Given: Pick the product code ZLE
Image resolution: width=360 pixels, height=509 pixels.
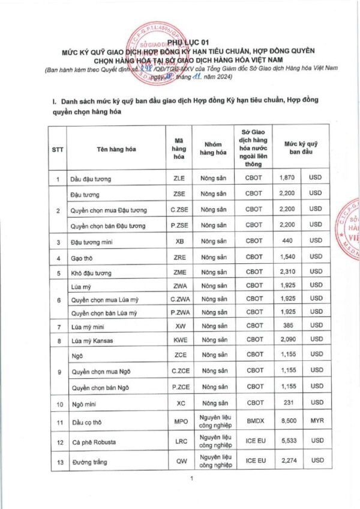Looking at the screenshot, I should [179, 179].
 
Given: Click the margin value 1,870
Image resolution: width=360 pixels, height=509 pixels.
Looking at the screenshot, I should [287, 179].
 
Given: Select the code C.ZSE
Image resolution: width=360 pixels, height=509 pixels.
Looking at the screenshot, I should [179, 210].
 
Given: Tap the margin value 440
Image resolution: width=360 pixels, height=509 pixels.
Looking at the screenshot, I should [287, 241].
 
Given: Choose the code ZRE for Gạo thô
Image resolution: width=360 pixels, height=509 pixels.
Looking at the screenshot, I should [179, 257].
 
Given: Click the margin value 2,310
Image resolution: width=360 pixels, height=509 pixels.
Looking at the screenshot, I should [287, 273].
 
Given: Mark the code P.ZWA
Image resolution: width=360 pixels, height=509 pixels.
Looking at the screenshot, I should [179, 313].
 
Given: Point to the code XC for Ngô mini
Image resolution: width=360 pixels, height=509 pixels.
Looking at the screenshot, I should [179, 404].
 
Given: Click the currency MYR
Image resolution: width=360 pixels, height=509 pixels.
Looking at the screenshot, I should [316, 422].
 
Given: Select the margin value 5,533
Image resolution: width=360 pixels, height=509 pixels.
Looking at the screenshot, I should [287, 442].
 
